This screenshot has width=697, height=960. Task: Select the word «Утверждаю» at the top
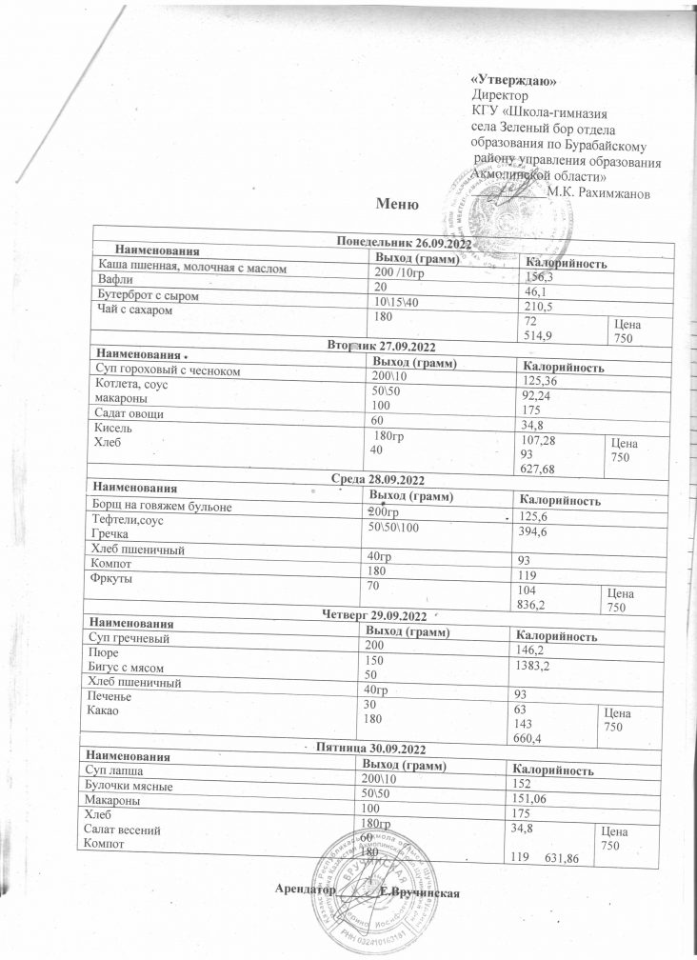point(514,80)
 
